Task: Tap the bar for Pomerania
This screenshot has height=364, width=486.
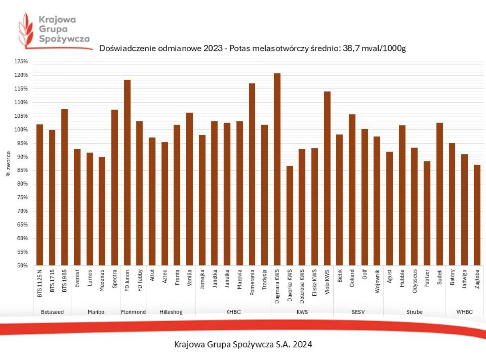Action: coord(252,174)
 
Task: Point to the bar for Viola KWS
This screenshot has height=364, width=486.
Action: coord(327,178)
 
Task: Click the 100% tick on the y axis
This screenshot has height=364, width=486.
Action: coord(22,129)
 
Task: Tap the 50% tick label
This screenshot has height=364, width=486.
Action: coord(23,266)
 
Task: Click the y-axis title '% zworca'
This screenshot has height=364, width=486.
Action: coord(8,163)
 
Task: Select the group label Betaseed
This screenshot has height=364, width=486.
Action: coord(52,312)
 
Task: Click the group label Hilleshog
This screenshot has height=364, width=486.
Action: coord(171,312)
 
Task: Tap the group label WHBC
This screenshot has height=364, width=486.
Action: coord(465,312)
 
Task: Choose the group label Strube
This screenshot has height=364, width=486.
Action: coord(414,312)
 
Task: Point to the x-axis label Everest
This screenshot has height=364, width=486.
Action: coord(77,279)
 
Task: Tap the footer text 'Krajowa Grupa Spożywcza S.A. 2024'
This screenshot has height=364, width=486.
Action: coord(243,345)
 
